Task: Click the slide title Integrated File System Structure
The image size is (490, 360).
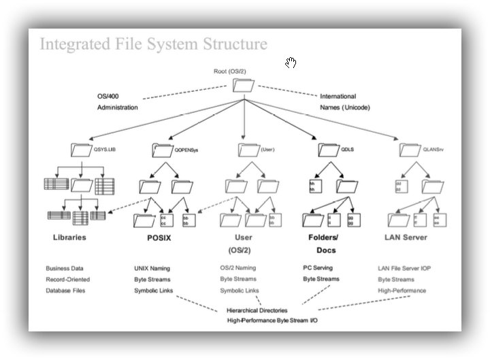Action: coord(153,44)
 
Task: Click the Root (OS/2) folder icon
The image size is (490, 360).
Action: coord(243,86)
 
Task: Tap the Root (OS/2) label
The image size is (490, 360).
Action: coord(230,71)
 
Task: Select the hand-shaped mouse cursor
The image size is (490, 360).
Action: coord(291,63)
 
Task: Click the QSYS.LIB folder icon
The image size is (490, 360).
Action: coord(81,149)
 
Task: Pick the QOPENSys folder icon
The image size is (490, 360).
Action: coord(163,149)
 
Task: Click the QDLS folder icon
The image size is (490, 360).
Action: coord(328,149)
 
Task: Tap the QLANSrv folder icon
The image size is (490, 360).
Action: coord(410,149)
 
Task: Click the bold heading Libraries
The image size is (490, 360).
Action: coord(69,238)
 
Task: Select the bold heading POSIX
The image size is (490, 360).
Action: coord(159,238)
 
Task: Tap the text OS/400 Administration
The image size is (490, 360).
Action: coord(117,102)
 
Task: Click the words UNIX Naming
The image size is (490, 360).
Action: coord(152,269)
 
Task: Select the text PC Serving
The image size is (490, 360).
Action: coord(318,268)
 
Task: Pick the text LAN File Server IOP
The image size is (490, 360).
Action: coord(404,269)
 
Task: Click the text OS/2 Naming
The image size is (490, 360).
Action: coord(238,268)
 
